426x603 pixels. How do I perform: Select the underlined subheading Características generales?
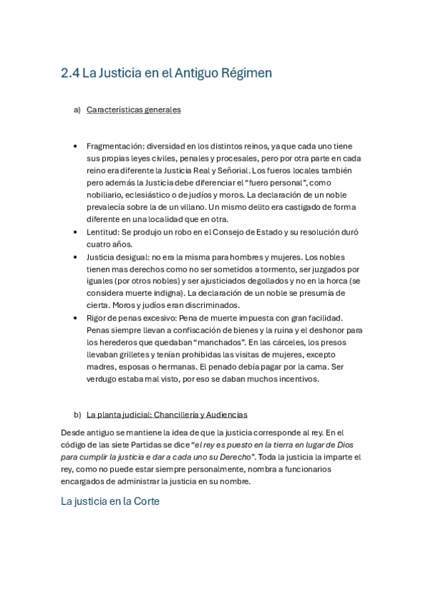click(133, 110)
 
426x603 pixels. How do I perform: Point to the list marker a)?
click(77, 110)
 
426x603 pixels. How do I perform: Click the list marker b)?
click(77, 415)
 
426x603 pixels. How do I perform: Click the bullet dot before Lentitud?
click(75, 232)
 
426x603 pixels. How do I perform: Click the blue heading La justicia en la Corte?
click(110, 501)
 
